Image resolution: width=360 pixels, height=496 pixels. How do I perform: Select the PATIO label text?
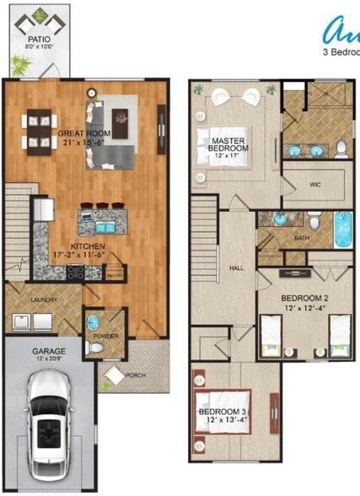tap(37, 39)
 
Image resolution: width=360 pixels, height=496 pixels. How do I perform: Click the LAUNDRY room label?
tap(42, 298)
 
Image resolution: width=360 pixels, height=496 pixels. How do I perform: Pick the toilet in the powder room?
tap(96, 348)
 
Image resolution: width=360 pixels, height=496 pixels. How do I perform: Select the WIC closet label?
tap(315, 183)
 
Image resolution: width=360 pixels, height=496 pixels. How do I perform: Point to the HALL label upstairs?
tap(236, 268)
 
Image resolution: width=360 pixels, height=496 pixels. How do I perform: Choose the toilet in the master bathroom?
tap(341, 148)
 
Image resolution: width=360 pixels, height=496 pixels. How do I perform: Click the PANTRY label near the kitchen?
tap(115, 274)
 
